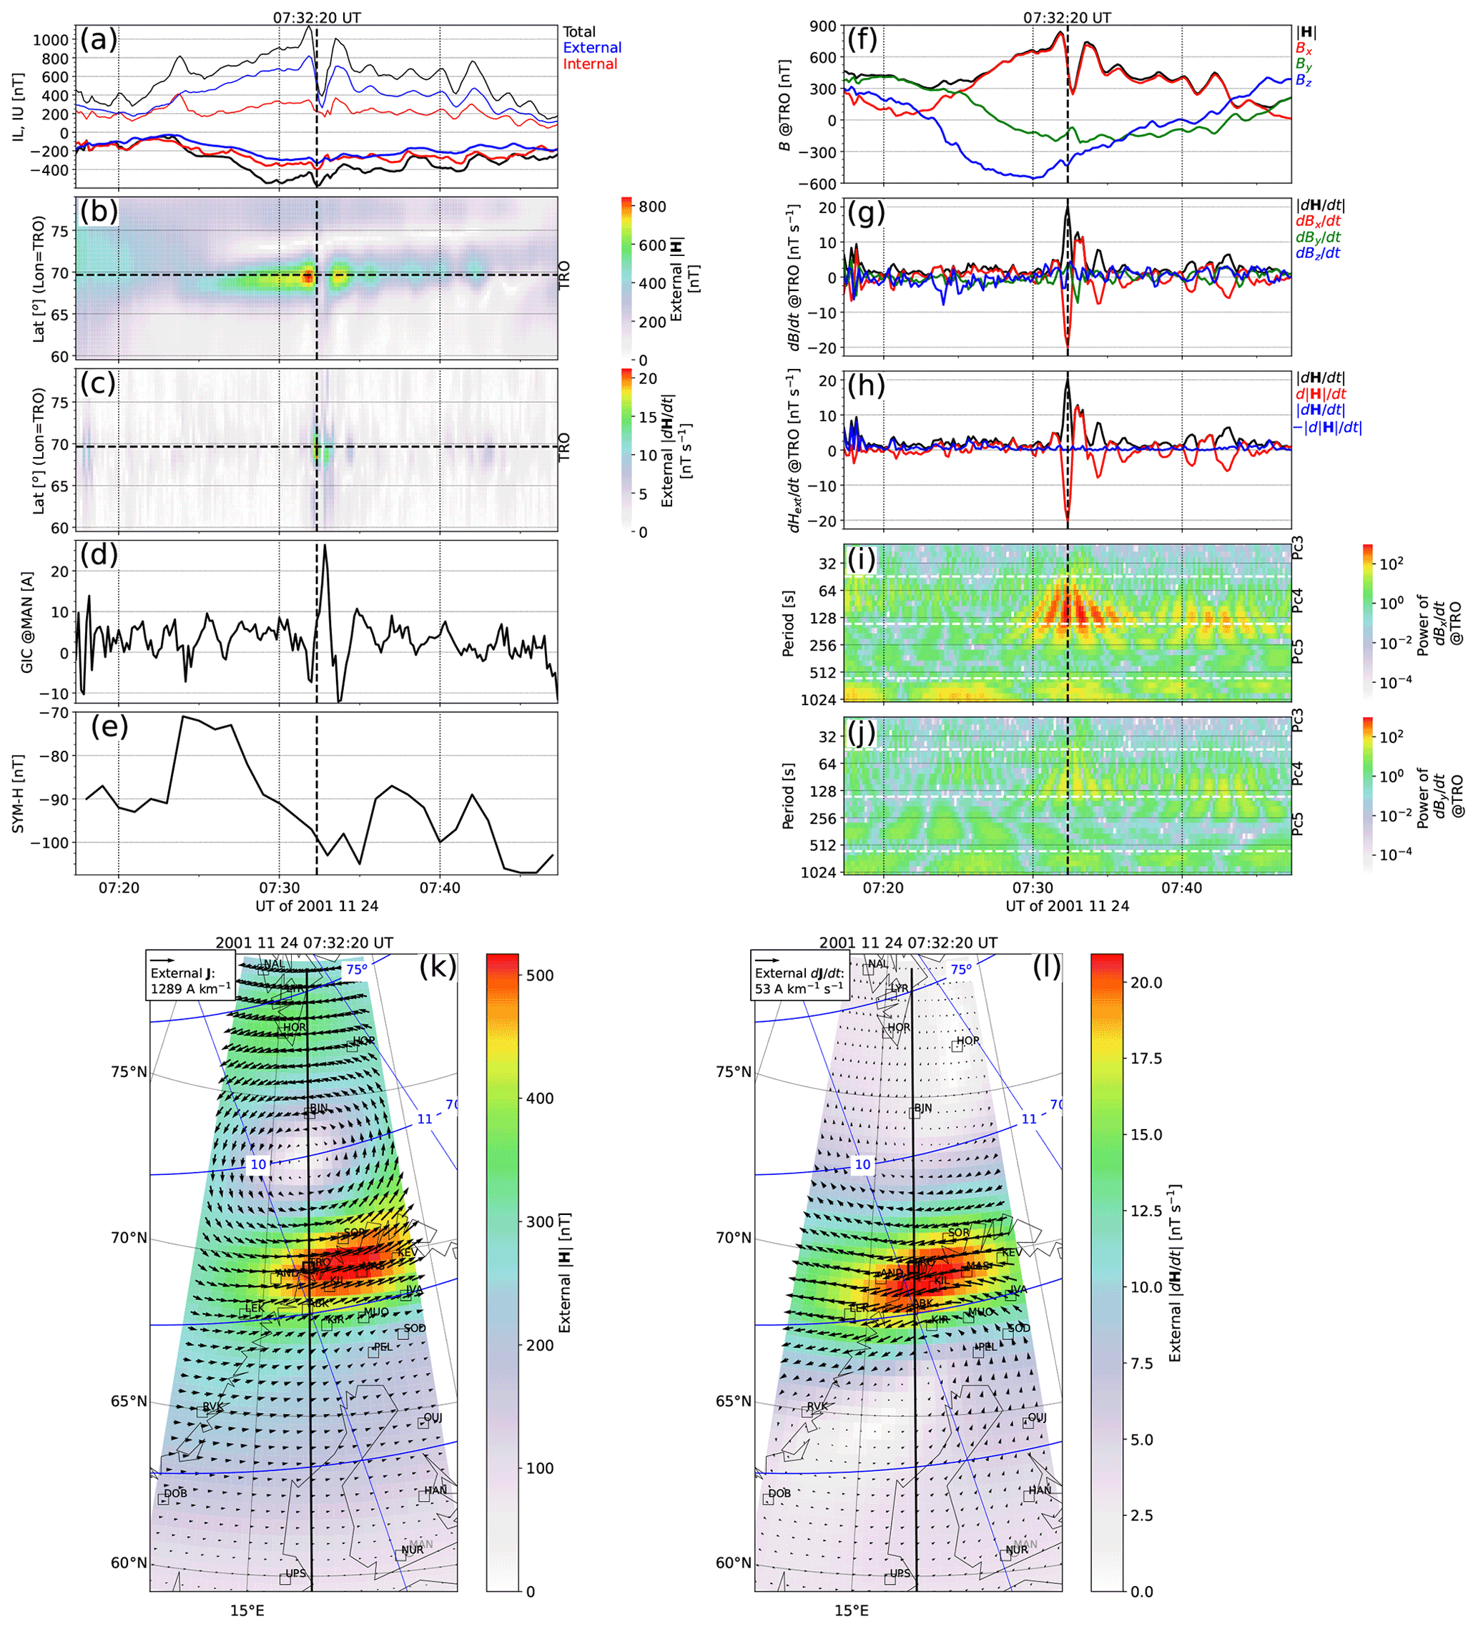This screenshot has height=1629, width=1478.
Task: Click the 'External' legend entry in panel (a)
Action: pyautogui.click(x=591, y=48)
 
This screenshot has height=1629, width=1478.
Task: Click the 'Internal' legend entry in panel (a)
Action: pyautogui.click(x=590, y=64)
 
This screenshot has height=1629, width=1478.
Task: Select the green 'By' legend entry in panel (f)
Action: pyautogui.click(x=1304, y=64)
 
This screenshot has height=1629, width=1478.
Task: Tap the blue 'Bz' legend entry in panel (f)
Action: pyautogui.click(x=1304, y=80)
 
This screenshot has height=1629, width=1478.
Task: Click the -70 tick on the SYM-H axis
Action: pyautogui.click(x=59, y=713)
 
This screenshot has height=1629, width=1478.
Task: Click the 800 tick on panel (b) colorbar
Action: pyautogui.click(x=651, y=207)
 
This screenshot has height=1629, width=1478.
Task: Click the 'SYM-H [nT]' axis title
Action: pyautogui.click(x=19, y=794)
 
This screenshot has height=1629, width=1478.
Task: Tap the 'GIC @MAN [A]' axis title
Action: pyautogui.click(x=26, y=621)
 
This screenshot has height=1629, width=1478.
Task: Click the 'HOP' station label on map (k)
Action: pyautogui.click(x=364, y=1040)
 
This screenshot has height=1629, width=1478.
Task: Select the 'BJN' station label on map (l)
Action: pyautogui.click(x=923, y=1108)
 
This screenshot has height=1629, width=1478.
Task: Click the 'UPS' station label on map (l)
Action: pyautogui.click(x=900, y=1573)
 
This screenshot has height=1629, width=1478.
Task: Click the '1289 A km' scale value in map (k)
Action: pyautogui.click(x=190, y=989)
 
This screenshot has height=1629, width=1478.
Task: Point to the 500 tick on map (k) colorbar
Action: pyautogui.click(x=540, y=975)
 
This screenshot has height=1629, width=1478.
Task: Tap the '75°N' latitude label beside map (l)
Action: pyautogui.click(x=733, y=1071)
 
